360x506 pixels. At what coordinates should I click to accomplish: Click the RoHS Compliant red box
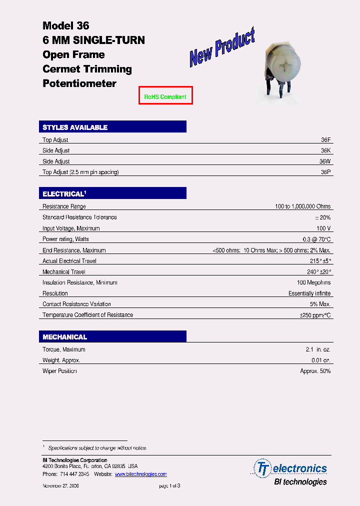pos(165,96)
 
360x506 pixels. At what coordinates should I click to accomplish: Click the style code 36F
pos(325,140)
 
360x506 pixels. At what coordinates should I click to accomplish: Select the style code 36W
pos(325,161)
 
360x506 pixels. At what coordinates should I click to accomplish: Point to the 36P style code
pos(325,172)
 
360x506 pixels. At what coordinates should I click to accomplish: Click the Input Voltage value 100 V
pos(323,228)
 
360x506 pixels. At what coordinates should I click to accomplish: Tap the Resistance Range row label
pos(64,206)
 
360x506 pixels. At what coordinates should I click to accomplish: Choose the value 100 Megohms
pos(313,282)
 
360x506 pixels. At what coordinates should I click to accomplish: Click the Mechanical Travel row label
pos(64,272)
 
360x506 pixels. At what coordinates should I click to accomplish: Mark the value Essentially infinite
pos(309,293)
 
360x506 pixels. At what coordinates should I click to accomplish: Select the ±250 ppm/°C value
pos(315,315)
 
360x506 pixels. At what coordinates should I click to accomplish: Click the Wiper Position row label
pos(59,371)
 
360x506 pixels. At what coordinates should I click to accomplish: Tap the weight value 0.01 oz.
pos(320,360)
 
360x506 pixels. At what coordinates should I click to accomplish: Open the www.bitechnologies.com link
pos(140,474)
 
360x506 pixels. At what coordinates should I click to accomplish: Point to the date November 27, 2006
pos(60,486)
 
